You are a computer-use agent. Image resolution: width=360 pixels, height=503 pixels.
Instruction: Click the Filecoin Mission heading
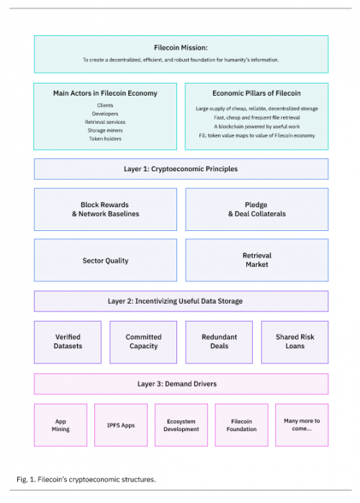[181, 47]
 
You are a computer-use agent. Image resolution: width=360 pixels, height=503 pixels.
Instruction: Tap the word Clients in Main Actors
[105, 105]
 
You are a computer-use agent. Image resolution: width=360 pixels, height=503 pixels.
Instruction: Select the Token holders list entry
[105, 139]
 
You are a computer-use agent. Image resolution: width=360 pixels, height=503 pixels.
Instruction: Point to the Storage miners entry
[105, 130]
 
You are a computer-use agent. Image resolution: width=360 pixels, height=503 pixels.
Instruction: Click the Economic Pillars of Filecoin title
[256, 94]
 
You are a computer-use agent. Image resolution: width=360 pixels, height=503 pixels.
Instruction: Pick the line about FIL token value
[257, 135]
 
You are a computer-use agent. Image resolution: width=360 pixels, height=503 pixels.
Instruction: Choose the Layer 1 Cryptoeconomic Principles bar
[181, 169]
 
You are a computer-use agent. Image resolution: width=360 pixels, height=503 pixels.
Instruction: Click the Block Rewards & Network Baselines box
[105, 209]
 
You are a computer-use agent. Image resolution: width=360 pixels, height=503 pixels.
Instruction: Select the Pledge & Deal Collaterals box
[257, 209]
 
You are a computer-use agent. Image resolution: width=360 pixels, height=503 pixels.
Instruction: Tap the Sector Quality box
[105, 260]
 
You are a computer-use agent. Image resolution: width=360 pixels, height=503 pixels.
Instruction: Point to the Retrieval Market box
[257, 260]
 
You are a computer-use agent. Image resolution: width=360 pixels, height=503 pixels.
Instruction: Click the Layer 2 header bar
[181, 302]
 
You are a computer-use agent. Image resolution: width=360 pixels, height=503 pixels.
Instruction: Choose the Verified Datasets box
[68, 343]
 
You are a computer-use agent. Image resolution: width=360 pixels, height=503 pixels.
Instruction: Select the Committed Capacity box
[143, 343]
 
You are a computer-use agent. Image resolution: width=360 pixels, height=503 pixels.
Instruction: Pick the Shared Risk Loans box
[295, 343]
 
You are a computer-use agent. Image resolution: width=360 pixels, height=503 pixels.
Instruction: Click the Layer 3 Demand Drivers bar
[181, 384]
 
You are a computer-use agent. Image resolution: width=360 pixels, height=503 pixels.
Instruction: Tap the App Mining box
[60, 425]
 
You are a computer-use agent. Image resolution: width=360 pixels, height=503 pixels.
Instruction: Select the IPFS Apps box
[121, 425]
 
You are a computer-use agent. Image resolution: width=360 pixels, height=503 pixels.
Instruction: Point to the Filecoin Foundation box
[241, 425]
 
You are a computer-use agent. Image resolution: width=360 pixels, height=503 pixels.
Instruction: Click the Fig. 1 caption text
[86, 479]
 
